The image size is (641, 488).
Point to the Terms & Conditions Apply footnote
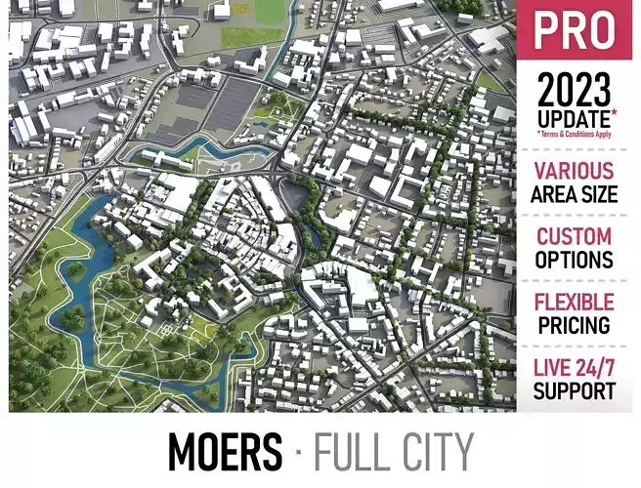tap(575, 134)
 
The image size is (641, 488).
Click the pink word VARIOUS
tap(575, 170)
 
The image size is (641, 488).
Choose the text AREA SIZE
tap(575, 193)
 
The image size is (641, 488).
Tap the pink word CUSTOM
tap(575, 236)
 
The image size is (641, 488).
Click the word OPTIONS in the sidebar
tap(575, 260)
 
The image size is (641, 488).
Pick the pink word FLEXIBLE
tap(575, 302)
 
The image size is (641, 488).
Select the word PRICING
tap(575, 325)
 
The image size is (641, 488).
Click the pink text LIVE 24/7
tap(575, 368)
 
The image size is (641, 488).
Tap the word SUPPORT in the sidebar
tap(575, 391)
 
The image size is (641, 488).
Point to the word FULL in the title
tap(349, 452)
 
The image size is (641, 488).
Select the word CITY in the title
tap(437, 452)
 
